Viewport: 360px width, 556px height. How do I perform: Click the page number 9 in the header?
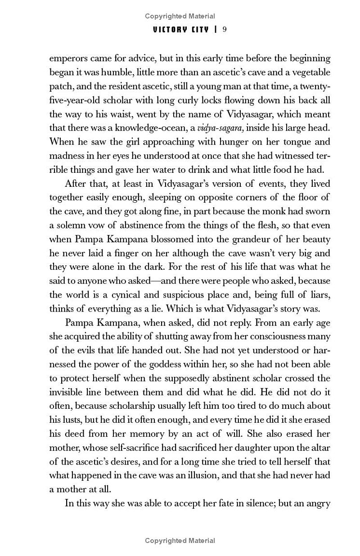tap(224, 30)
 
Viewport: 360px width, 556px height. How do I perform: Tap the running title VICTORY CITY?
tap(181, 30)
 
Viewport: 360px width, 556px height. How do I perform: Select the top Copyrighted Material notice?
tap(180, 17)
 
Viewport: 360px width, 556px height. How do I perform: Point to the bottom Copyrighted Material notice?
tap(180, 541)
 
